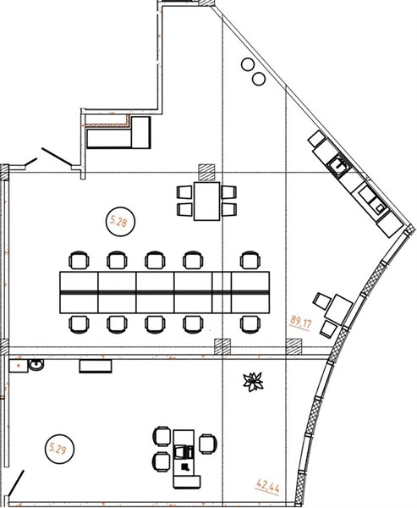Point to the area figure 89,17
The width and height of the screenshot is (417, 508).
coord(300,323)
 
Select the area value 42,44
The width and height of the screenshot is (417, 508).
coord(267,486)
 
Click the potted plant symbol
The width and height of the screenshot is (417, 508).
coord(253,382)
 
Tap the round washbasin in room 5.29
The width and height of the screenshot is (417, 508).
coord(36,365)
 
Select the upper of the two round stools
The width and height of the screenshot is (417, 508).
coord(249,64)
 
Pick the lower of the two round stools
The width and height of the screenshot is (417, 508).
coord(259,79)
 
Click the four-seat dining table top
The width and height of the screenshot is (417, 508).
coord(207,202)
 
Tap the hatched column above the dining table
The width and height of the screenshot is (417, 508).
coord(207,172)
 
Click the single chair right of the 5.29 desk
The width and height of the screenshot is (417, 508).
coord(207,444)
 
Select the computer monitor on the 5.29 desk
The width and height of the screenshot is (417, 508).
coord(184,451)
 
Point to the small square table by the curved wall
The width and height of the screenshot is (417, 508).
coord(338,309)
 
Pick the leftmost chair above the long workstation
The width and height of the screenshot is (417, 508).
coord(79,260)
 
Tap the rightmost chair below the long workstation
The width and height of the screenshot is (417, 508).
coord(250,324)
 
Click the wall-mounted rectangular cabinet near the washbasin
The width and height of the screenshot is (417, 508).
coord(96,366)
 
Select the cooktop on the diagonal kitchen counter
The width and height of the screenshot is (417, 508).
coord(373,201)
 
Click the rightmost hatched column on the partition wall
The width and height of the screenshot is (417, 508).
coord(294,346)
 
